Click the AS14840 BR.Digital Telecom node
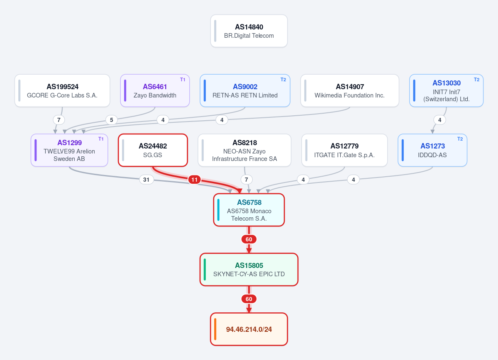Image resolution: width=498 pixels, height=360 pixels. pyautogui.click(x=249, y=31)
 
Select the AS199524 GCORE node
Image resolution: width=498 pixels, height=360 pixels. pyautogui.click(x=62, y=90)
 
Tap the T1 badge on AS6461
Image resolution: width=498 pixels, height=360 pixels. pyautogui.click(x=183, y=80)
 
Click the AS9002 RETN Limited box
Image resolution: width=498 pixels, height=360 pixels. pyautogui.click(x=245, y=90)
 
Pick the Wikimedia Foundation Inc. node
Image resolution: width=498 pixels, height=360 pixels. pyautogui.click(x=350, y=90)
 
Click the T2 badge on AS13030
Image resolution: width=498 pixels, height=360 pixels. pyautogui.click(x=476, y=80)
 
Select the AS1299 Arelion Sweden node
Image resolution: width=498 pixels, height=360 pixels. pyautogui.click(x=69, y=150)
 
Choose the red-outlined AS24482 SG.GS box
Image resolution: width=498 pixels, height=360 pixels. pyautogui.click(x=153, y=150)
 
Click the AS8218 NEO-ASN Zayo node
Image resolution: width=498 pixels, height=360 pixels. pyautogui.click(x=244, y=150)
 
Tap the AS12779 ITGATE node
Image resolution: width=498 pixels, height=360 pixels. pyautogui.click(x=344, y=150)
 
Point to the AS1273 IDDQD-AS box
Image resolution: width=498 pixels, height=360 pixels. pyautogui.click(x=432, y=150)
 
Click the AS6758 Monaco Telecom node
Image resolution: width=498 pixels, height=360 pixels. pyautogui.click(x=249, y=210)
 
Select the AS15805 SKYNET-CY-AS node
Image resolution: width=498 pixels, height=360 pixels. pyautogui.click(x=249, y=269)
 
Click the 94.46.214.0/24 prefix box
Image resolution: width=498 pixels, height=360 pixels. pyautogui.click(x=249, y=329)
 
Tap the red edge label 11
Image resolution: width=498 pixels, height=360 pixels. pyautogui.click(x=194, y=180)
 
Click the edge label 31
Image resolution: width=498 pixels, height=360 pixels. pyautogui.click(x=146, y=180)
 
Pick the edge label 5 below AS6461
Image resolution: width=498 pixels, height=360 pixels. pyautogui.click(x=111, y=120)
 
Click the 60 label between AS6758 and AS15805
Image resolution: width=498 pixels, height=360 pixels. pyautogui.click(x=249, y=239)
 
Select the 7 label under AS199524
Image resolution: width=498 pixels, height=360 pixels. pyautogui.click(x=59, y=120)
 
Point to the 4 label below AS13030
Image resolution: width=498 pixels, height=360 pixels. pyautogui.click(x=439, y=120)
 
